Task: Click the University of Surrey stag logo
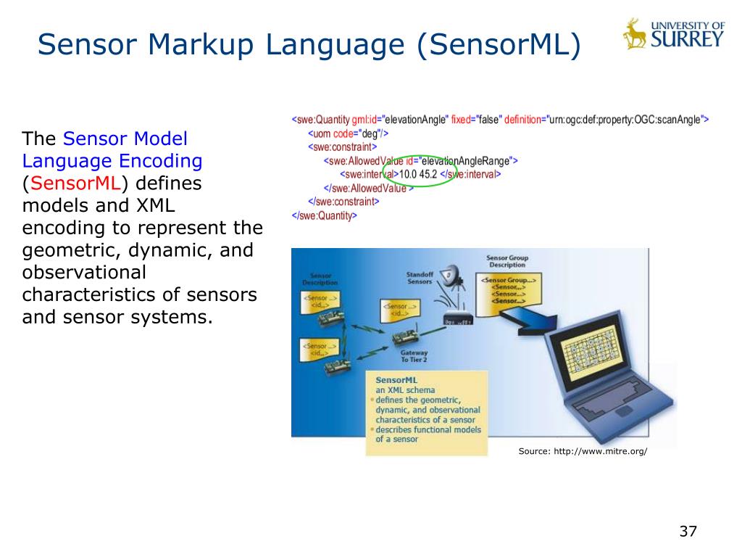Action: pyautogui.click(x=635, y=33)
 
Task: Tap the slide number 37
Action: pyautogui.click(x=688, y=531)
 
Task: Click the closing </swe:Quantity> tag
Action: pyautogui.click(x=324, y=215)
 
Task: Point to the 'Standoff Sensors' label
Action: pyautogui.click(x=420, y=278)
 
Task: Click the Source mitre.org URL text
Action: pyautogui.click(x=583, y=451)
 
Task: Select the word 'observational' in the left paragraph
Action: pyautogui.click(x=84, y=273)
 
